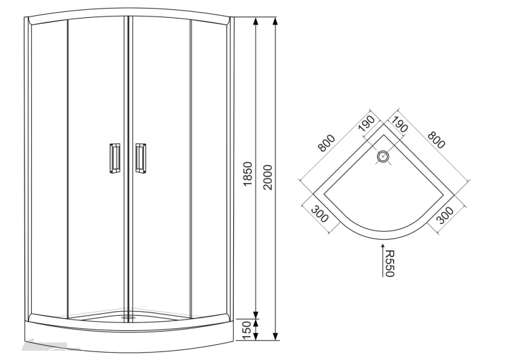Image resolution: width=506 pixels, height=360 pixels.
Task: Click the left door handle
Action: point(114,159)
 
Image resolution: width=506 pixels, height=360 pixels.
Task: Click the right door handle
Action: point(141,159)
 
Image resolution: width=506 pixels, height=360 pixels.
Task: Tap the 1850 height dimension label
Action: point(248,174)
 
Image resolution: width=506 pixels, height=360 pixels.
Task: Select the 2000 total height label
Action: point(268,177)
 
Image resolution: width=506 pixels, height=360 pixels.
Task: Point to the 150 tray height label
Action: point(246,330)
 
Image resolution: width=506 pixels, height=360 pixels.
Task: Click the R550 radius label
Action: point(390,263)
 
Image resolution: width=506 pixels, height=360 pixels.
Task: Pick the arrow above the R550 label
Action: point(382,260)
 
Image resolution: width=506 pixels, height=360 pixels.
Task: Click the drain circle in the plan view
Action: point(383,157)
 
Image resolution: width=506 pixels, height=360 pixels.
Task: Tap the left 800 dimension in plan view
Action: point(326,143)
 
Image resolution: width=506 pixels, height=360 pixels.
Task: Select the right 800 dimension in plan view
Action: point(436,140)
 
